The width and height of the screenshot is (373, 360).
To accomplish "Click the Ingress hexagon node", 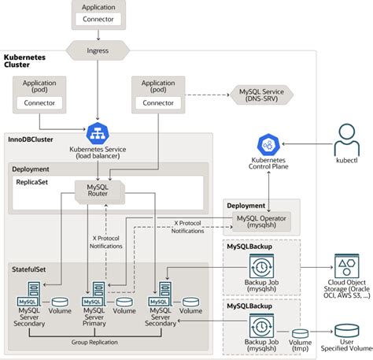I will (97, 50).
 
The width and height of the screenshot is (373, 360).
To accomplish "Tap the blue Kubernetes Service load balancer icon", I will (98, 131).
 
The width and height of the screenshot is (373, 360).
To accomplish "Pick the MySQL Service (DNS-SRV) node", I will (260, 95).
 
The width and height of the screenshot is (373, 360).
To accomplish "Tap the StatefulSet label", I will (28, 269).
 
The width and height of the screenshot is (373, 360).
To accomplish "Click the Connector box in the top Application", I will (98, 19).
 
